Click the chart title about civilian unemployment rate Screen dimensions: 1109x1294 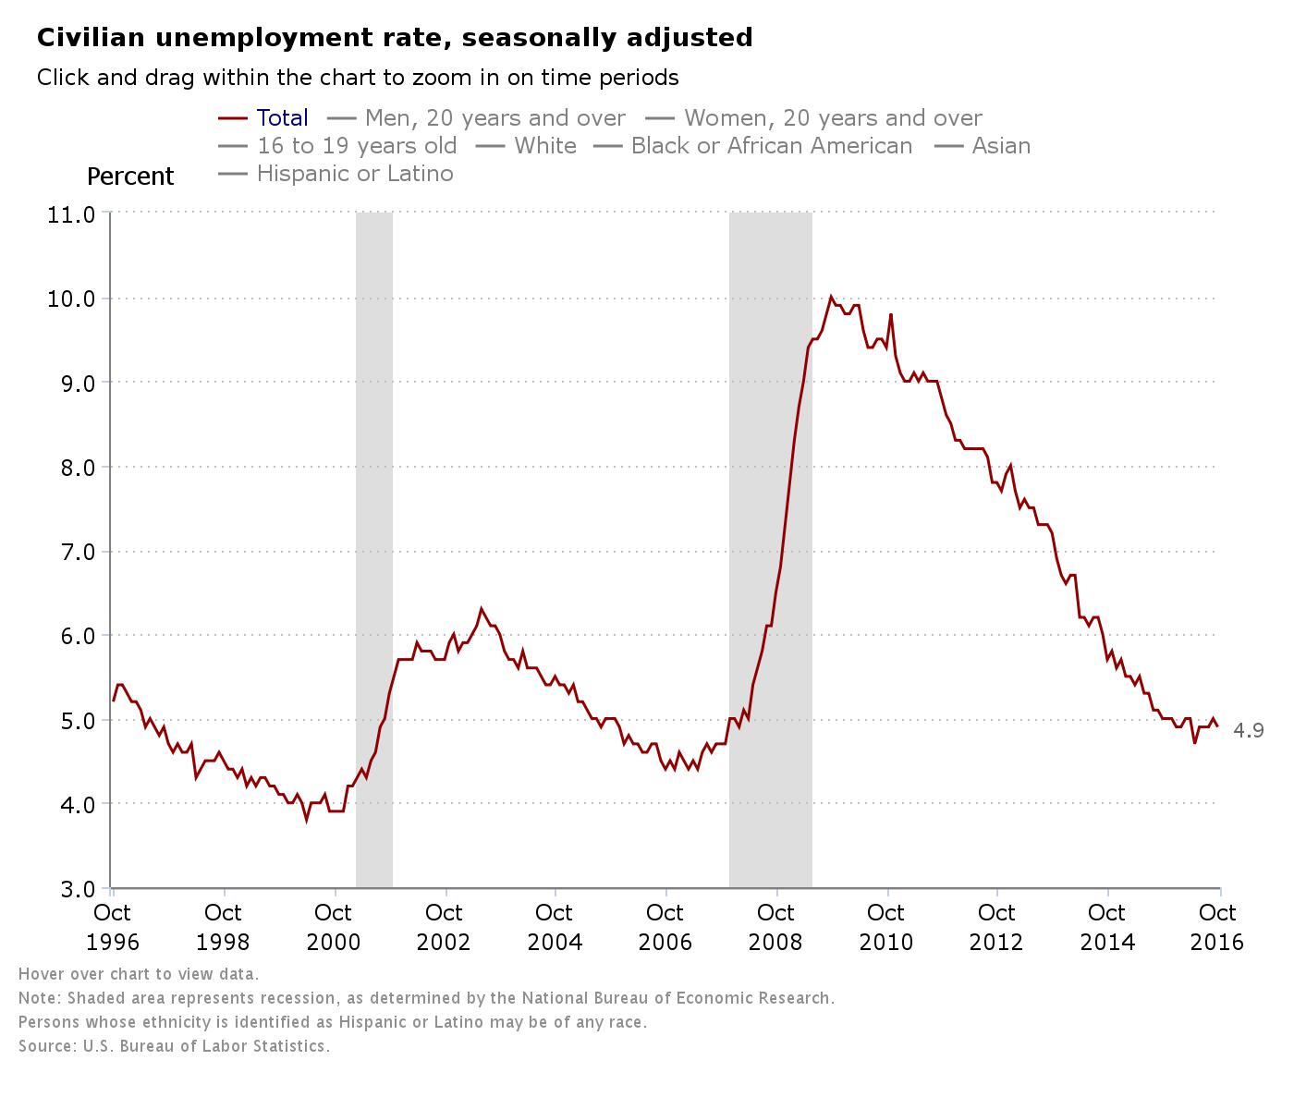(x=395, y=38)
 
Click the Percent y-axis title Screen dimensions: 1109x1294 (x=130, y=177)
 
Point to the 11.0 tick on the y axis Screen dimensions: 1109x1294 (x=70, y=214)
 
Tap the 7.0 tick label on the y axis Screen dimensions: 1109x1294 (x=70, y=552)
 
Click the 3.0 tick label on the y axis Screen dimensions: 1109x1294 (x=70, y=889)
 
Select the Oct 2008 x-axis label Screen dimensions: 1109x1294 (x=775, y=927)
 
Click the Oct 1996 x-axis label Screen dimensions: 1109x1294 (x=113, y=927)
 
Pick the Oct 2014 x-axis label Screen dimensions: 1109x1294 (x=1107, y=927)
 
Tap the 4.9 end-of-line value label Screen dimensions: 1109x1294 (x=1249, y=731)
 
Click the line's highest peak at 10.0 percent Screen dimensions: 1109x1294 (x=831, y=297)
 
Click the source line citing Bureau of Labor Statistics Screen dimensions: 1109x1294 (x=174, y=1046)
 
